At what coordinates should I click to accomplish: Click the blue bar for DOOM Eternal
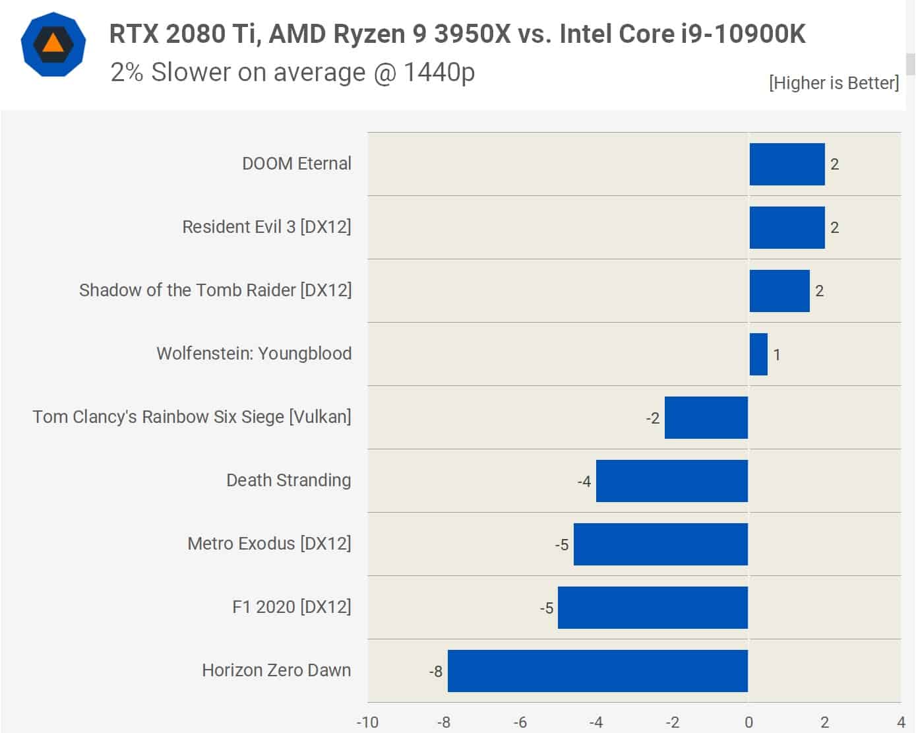pyautogui.click(x=787, y=164)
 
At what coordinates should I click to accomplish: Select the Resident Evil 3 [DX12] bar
pyautogui.click(x=787, y=228)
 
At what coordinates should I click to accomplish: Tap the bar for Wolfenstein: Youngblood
pyautogui.click(x=758, y=354)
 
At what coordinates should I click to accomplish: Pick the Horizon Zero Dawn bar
pyautogui.click(x=597, y=671)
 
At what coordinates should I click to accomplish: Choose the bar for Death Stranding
pyautogui.click(x=671, y=481)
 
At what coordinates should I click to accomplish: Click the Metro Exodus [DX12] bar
pyautogui.click(x=660, y=544)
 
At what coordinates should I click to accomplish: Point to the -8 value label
pyautogui.click(x=435, y=672)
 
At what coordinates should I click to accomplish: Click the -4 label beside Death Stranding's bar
pyautogui.click(x=584, y=482)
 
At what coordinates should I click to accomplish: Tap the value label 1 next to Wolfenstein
pyautogui.click(x=777, y=355)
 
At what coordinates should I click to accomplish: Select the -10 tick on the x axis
pyautogui.click(x=367, y=722)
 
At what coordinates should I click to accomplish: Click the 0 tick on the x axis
pyautogui.click(x=748, y=722)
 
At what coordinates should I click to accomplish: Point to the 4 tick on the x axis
pyautogui.click(x=901, y=722)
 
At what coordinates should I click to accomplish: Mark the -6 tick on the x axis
pyautogui.click(x=520, y=722)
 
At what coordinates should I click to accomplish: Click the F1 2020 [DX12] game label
pyautogui.click(x=291, y=607)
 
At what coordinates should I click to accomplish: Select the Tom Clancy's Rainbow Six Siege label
pyautogui.click(x=192, y=417)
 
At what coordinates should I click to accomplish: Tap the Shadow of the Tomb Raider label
pyautogui.click(x=215, y=290)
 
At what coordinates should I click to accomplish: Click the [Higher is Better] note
pyautogui.click(x=834, y=83)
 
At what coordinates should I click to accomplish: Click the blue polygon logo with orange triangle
pyautogui.click(x=53, y=44)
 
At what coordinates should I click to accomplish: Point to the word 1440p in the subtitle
pyautogui.click(x=439, y=72)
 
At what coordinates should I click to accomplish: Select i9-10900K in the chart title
pyautogui.click(x=743, y=34)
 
